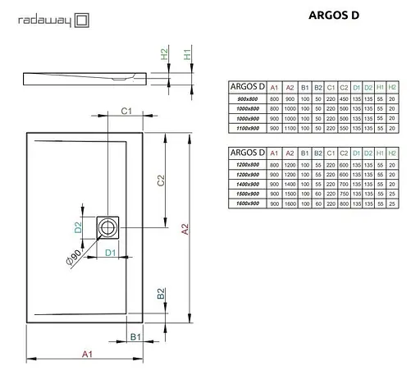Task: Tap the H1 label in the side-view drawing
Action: (x=187, y=56)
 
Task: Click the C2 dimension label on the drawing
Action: (x=161, y=181)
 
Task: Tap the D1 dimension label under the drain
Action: (x=110, y=251)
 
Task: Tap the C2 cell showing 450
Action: (x=345, y=99)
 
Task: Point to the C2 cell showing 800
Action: (x=345, y=202)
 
